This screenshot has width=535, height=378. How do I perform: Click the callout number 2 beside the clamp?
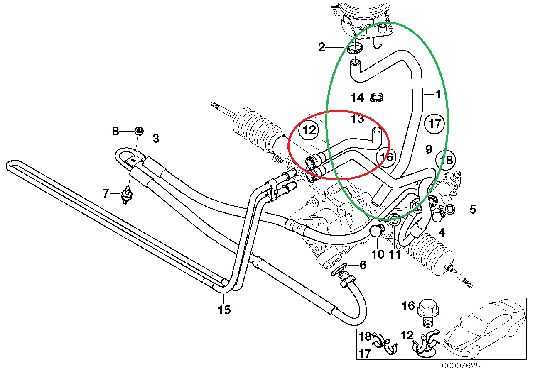(322, 47)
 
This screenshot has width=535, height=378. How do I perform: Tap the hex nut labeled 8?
(139, 131)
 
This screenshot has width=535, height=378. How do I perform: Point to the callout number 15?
(224, 310)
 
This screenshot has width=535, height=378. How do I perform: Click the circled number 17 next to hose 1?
(434, 124)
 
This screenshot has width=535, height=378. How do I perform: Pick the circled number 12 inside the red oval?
(309, 130)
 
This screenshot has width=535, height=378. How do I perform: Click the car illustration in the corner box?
(483, 331)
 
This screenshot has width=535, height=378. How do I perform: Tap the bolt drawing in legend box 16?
(428, 313)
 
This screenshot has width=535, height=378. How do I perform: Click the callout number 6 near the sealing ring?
(363, 265)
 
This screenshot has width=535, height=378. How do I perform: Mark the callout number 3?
(156, 139)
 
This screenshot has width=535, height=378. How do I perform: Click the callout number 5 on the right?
(473, 209)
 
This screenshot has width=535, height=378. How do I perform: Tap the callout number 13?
(357, 119)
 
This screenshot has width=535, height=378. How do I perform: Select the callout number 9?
(429, 149)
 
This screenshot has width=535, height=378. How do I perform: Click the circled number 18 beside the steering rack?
(445, 160)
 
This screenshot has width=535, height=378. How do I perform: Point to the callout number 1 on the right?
(438, 94)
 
